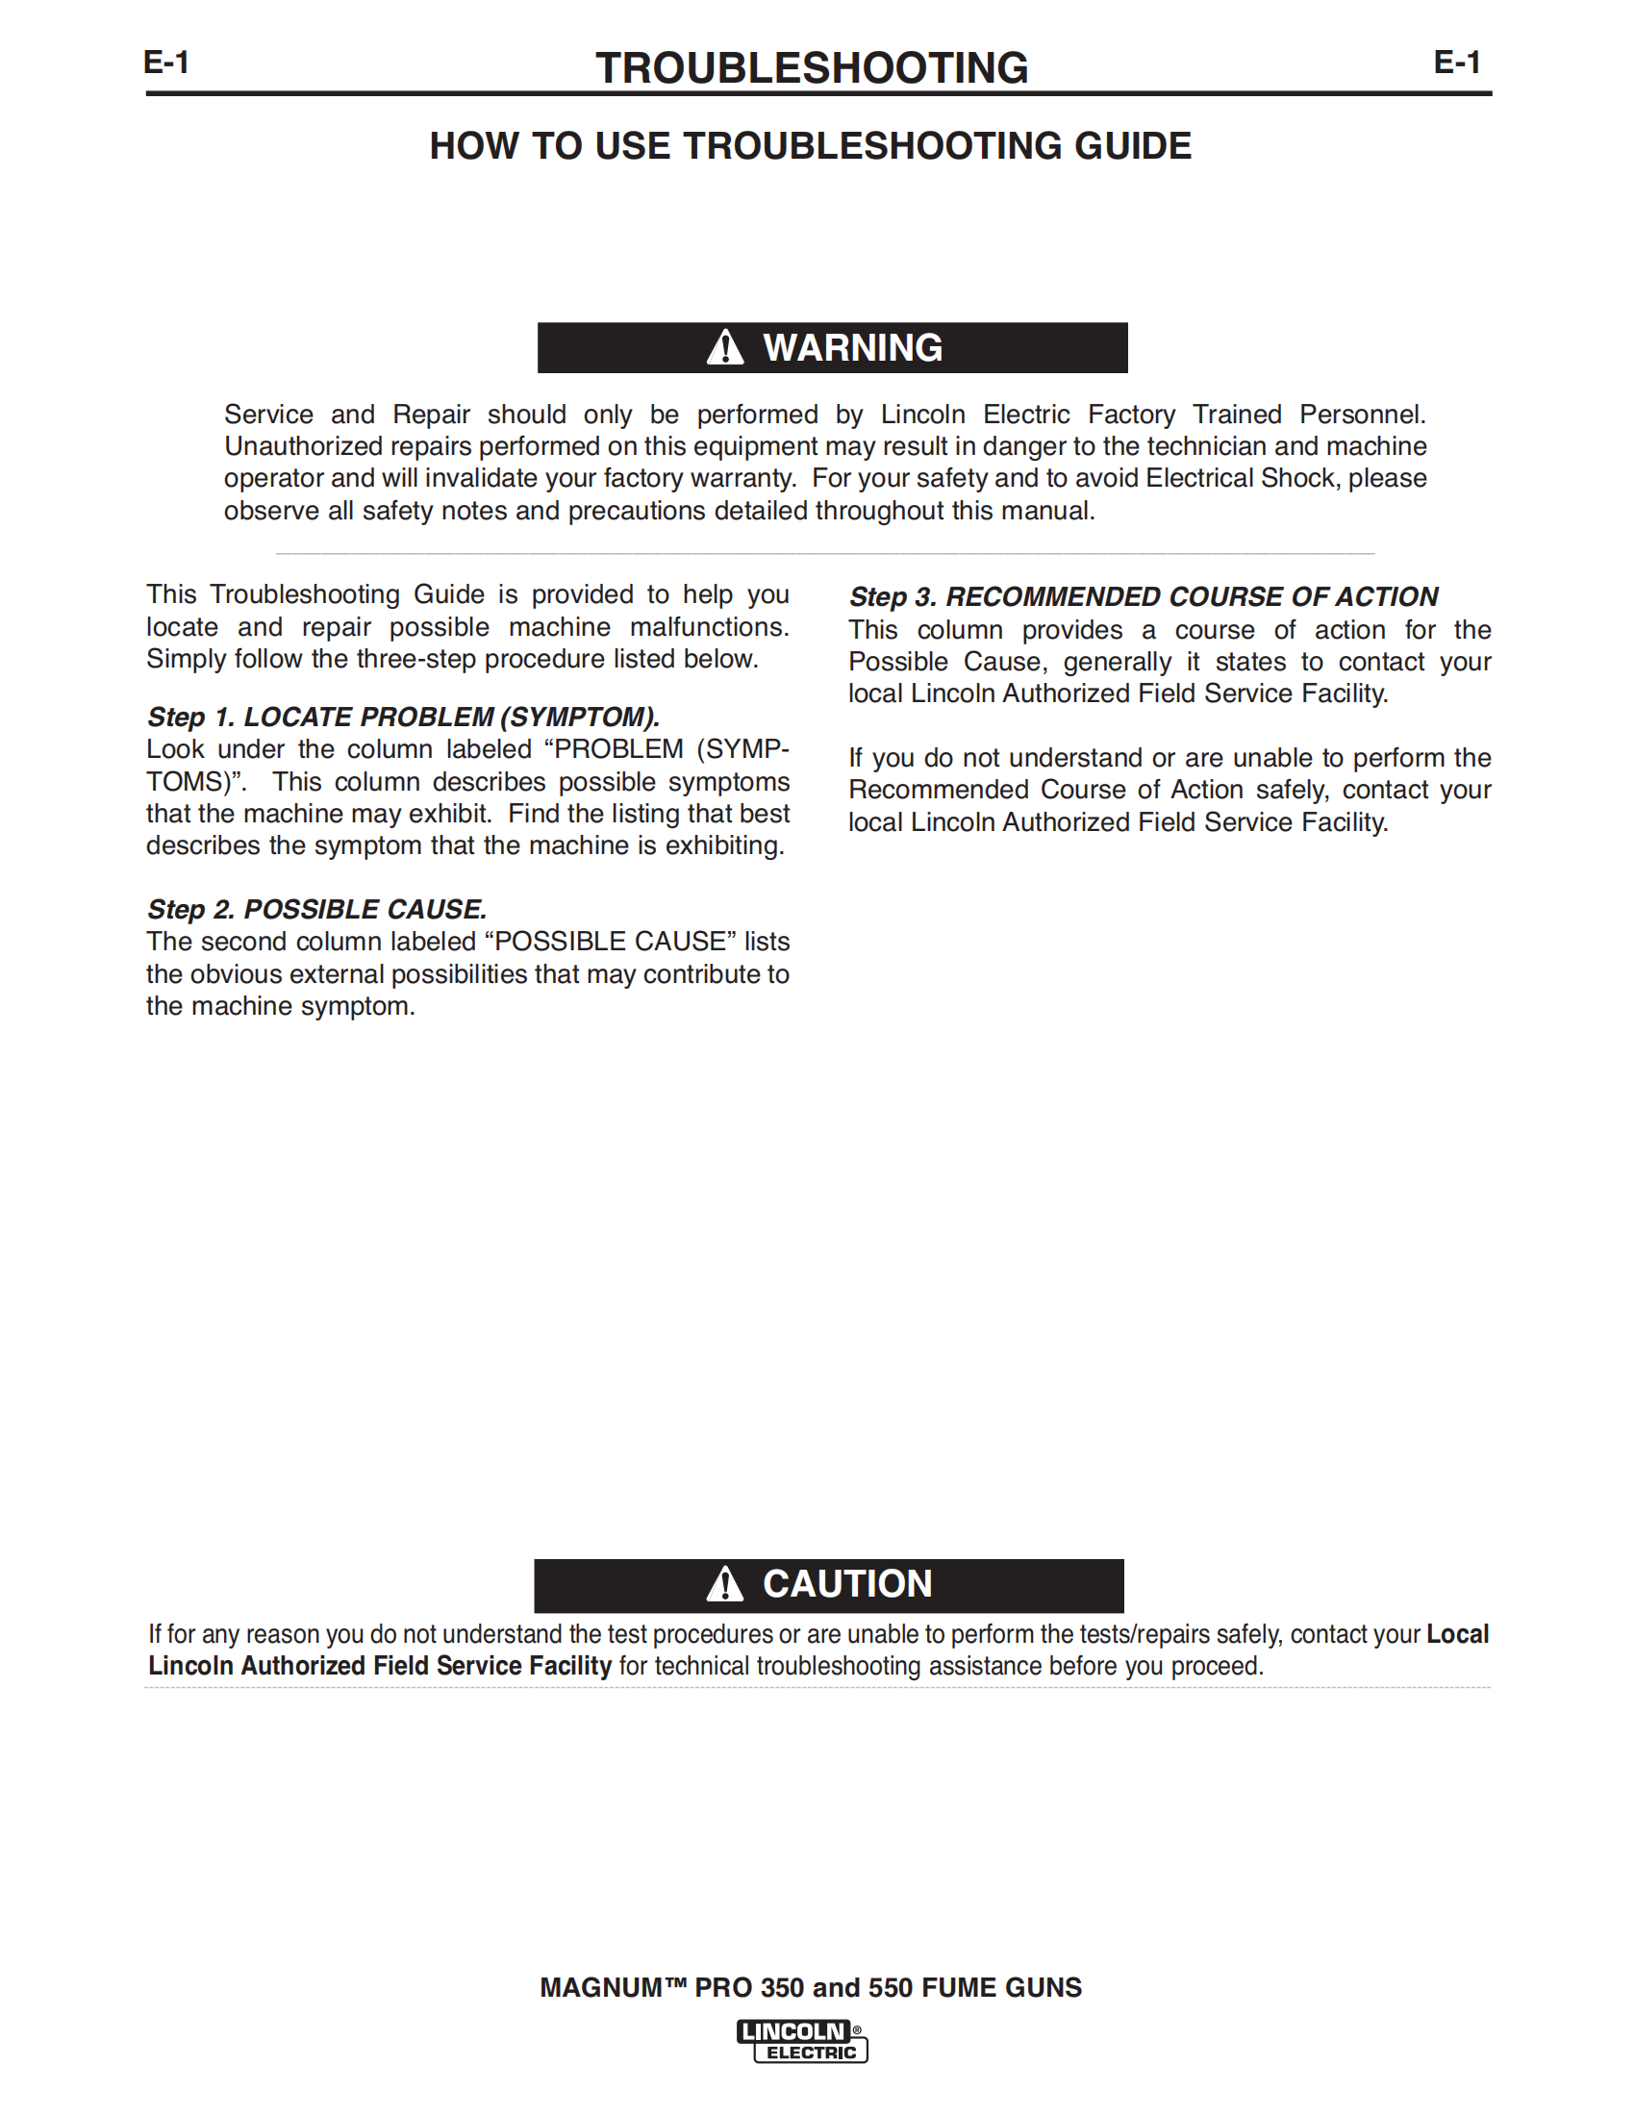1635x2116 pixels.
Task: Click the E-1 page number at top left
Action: pos(166,63)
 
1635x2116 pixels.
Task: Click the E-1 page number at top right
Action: pos(1457,63)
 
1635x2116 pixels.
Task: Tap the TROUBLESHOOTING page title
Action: pos(812,68)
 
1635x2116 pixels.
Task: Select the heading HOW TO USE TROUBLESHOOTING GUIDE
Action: pos(810,146)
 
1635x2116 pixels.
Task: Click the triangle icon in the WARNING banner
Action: pos(724,348)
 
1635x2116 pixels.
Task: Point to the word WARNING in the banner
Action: pos(852,348)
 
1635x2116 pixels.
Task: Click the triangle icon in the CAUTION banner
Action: pos(724,1585)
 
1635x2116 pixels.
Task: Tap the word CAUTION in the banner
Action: pos(847,1584)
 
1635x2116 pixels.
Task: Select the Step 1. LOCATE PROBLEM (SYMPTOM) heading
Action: pos(403,717)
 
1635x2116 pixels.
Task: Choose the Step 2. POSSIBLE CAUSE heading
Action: pos(316,909)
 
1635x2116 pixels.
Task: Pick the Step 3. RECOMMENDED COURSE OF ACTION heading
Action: pos(1143,597)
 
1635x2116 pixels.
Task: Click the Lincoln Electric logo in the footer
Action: pos(802,2040)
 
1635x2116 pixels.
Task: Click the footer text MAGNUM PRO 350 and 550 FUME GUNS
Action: pos(811,1987)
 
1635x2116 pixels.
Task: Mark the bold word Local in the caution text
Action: pos(1457,1634)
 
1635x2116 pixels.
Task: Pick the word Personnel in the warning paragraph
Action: pos(1362,414)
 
